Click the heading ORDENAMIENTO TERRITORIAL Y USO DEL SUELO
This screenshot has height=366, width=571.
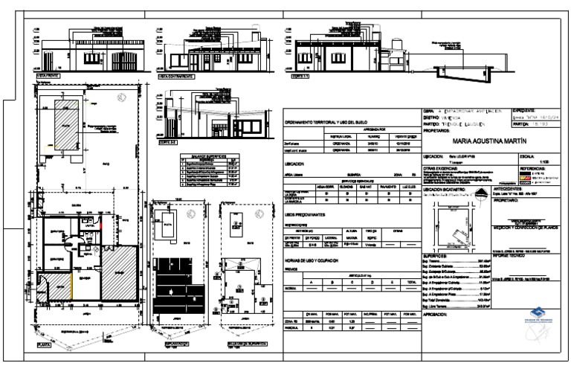click(326, 121)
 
